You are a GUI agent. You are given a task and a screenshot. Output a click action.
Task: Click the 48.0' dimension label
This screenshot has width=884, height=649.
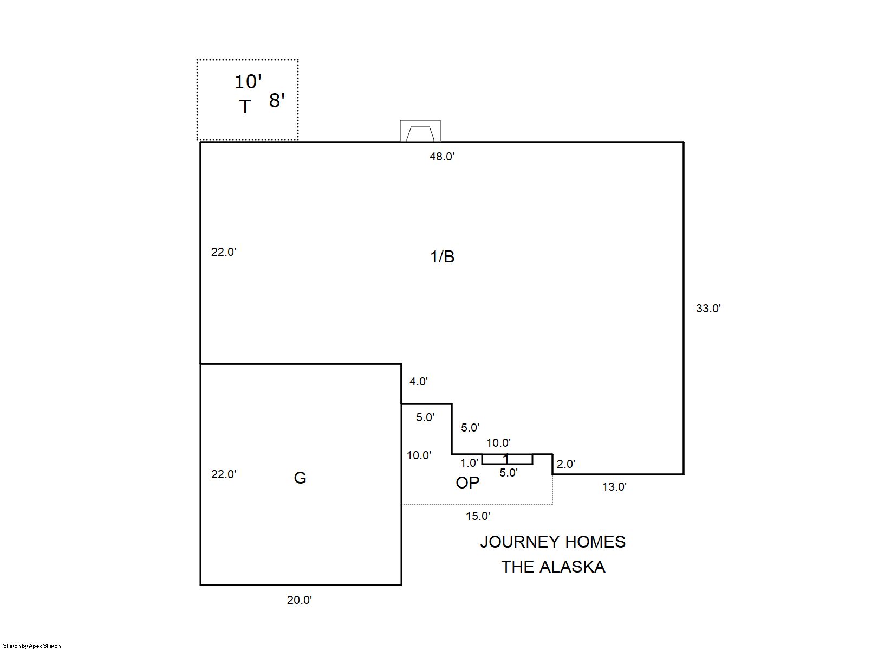point(441,157)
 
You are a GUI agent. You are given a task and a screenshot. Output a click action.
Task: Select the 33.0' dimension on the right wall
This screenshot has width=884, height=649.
point(708,309)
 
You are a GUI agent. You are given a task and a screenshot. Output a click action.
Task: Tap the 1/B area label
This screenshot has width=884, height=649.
point(442,256)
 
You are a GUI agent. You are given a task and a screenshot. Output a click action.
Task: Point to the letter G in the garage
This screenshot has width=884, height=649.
point(300,478)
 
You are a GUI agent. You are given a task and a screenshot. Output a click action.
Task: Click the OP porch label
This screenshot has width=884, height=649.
point(467,483)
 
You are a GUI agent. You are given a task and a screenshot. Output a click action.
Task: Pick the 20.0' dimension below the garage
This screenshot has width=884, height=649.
point(300,600)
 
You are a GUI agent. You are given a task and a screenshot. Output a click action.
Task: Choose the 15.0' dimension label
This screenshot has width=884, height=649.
point(478,516)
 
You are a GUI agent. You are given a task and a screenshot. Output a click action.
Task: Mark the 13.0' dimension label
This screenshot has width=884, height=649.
point(614,487)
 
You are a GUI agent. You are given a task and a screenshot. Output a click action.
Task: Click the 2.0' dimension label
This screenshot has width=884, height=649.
point(565,464)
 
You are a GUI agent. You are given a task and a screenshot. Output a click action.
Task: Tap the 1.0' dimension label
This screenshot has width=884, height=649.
point(469,463)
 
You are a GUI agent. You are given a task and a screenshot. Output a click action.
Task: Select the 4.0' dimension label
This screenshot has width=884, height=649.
point(418,382)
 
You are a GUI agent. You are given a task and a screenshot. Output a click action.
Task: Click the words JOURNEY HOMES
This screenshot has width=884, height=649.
point(552,542)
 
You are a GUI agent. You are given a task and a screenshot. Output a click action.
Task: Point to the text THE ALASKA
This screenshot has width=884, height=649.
point(552,567)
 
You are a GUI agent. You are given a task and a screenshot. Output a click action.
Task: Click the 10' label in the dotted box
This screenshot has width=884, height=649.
point(248,82)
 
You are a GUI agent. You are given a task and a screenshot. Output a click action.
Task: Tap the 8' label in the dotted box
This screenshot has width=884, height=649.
point(277,100)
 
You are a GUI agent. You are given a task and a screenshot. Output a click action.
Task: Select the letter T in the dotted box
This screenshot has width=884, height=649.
point(245,107)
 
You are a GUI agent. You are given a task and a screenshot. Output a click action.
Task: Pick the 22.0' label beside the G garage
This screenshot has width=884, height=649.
point(223,474)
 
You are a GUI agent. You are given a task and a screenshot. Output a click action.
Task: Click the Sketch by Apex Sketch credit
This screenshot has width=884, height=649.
point(32,646)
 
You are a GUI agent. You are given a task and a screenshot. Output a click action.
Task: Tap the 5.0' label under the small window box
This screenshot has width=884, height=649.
point(508,473)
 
